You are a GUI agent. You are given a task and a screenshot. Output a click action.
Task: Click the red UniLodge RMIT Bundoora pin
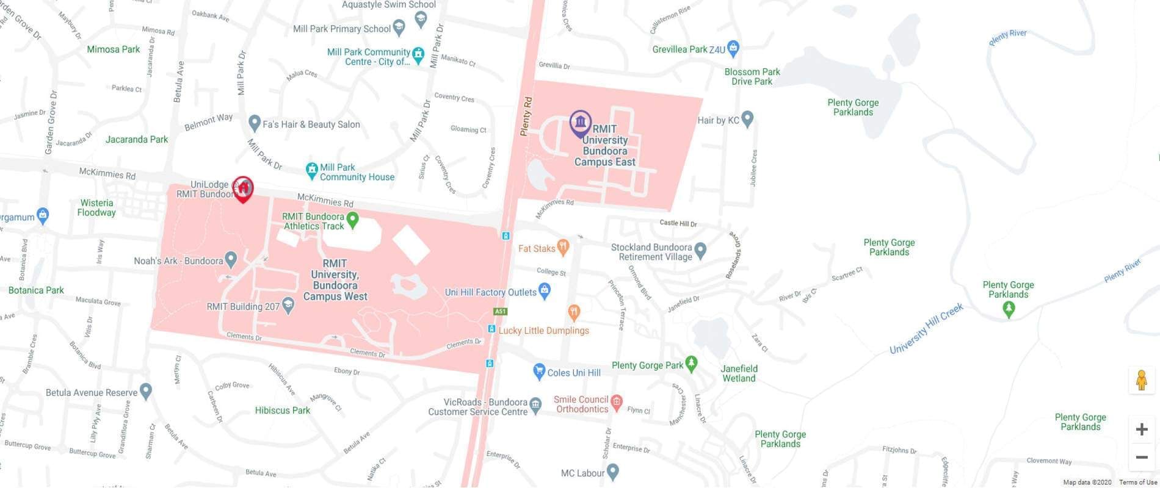coord(243,188)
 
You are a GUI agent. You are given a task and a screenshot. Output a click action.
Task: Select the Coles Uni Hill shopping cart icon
coord(538,371)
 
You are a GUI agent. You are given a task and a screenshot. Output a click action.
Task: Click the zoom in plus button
coord(1141,429)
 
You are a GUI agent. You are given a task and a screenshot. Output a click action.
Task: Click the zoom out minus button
coord(1141,457)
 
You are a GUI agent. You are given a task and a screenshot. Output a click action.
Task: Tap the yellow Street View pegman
coord(1141,381)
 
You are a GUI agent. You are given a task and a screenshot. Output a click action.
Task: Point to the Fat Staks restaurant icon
coord(563,247)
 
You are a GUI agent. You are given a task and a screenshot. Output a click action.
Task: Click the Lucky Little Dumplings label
coord(543,331)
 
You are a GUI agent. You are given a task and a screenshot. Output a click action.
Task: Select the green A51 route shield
coord(500,312)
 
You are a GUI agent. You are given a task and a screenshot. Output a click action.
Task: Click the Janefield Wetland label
coord(739,373)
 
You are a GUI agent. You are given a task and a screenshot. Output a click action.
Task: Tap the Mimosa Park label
coord(113,49)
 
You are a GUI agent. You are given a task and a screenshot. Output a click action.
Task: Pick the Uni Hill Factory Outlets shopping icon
coord(545,291)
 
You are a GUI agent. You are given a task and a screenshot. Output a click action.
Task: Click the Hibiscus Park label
coord(282,411)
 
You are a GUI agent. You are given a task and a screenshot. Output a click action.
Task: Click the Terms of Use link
coord(1137,483)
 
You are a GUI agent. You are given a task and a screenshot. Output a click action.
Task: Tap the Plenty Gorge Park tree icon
coord(691,364)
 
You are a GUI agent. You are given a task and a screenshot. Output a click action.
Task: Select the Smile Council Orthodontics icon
coord(617,402)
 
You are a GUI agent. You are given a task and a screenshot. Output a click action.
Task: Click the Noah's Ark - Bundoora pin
coord(231,259)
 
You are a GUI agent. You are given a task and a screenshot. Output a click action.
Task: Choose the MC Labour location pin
coord(613,472)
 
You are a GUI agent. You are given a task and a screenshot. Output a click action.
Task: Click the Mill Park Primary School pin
coord(399,27)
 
